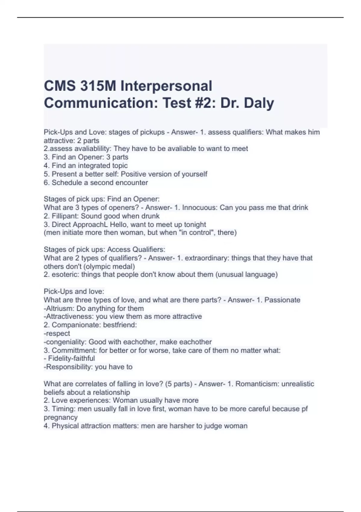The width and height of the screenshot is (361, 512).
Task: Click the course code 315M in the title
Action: [x=98, y=86]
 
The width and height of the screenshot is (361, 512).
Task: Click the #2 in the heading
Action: [x=205, y=103]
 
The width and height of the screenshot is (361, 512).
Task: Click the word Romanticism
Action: [x=256, y=384]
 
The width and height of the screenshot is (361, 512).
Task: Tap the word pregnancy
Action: [x=61, y=417]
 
